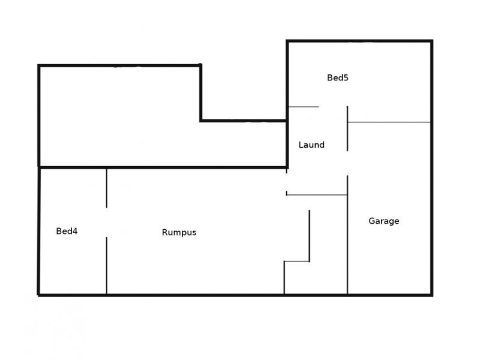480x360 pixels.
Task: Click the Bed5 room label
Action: [338, 78]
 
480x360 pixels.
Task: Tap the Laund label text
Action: [311, 145]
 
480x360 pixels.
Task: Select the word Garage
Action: [383, 221]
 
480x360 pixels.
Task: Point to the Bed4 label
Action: [67, 231]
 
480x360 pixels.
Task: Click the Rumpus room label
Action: [179, 232]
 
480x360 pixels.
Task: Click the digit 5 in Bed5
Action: [346, 78]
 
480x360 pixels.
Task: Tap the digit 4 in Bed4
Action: [75, 231]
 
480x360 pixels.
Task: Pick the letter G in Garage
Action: [371, 221]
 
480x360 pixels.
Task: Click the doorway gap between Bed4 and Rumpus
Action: [107, 223]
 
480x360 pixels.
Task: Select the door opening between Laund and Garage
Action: [347, 163]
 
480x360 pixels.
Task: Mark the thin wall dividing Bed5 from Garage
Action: [389, 122]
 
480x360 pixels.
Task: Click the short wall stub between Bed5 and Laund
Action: [304, 107]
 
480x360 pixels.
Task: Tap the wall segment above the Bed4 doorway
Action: [107, 188]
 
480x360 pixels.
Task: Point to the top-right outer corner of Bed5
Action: [432, 41]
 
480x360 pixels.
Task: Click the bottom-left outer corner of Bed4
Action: [38, 295]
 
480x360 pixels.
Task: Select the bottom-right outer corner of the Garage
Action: [431, 295]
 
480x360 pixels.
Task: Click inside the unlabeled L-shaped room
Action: [119, 116]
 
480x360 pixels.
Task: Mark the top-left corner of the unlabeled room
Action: [39, 65]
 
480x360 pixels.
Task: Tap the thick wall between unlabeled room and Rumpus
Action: [163, 167]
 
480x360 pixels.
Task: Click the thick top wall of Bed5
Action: [359, 41]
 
